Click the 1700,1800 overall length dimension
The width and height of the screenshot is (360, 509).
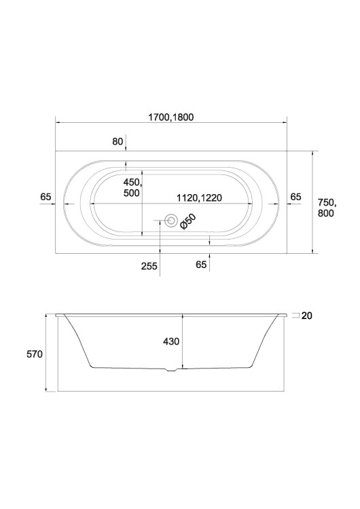[x=171, y=117]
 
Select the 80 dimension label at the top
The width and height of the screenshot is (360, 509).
[x=118, y=142]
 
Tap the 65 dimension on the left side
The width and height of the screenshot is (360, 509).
[x=46, y=197]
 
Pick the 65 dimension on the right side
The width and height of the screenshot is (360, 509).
[x=295, y=197]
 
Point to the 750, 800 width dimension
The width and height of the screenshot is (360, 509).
[x=327, y=208]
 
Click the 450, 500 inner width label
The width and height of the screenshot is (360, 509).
[x=132, y=187]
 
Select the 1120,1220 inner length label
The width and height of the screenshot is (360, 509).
[x=199, y=197]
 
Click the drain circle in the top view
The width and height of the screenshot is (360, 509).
[x=171, y=221]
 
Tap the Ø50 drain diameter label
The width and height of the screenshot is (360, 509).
[x=187, y=221]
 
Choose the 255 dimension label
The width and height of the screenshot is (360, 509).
[x=149, y=266]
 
